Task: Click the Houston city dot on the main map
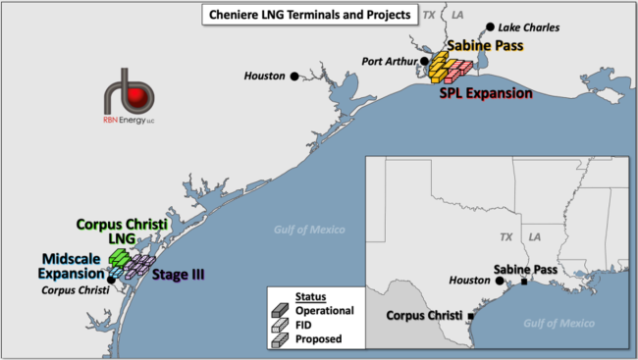pos(293,76)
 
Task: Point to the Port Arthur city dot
pos(426,62)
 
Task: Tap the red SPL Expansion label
pos(485,94)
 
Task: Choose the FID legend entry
pos(304,325)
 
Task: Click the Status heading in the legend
pos(311,295)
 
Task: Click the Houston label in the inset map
pos(469,281)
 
